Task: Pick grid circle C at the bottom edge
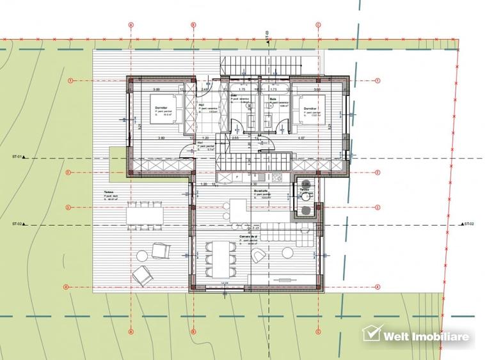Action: [318, 332]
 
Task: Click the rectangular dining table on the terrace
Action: [144, 213]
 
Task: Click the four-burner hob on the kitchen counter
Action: [278, 176]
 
